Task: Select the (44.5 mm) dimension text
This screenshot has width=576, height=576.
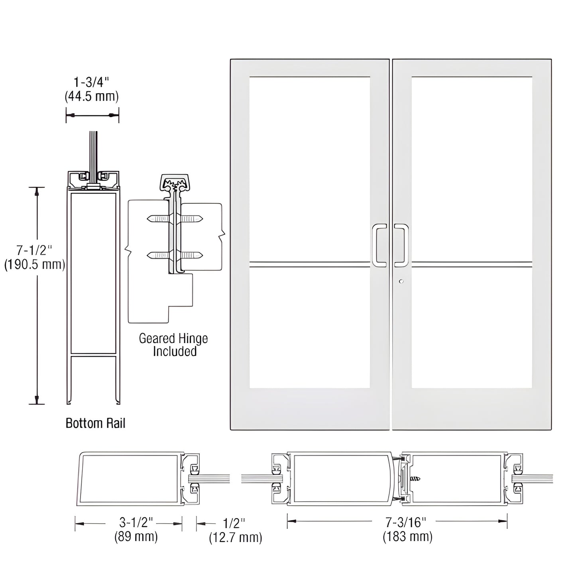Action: click(92, 96)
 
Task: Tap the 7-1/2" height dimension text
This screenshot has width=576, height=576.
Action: click(34, 250)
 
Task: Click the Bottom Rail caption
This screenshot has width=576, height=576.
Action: click(95, 423)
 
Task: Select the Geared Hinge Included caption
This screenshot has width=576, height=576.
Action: click(174, 345)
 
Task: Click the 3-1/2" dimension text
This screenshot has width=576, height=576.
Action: click(136, 523)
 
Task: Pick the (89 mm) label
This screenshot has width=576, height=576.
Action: click(136, 537)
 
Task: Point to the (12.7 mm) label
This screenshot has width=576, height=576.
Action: click(236, 537)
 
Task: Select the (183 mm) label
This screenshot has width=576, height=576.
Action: click(407, 537)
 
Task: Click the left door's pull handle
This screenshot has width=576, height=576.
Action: click(378, 245)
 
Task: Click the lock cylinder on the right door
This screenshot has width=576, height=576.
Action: click(401, 281)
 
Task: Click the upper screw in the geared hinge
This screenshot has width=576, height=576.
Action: click(175, 218)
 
